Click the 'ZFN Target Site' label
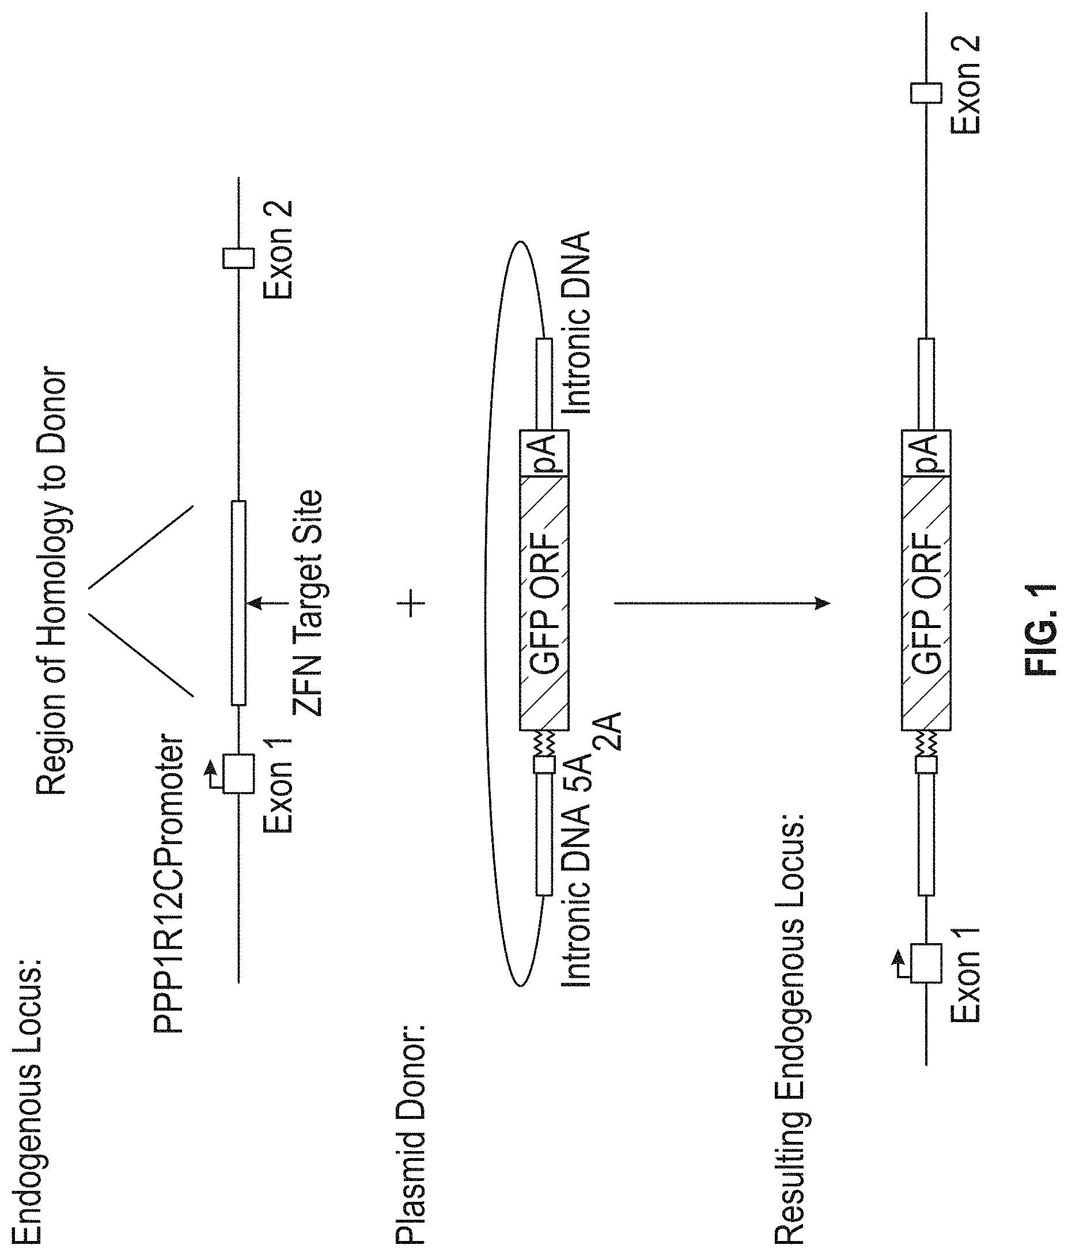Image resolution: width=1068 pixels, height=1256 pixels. [308, 603]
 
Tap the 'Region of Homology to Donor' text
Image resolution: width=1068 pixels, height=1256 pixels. [51, 581]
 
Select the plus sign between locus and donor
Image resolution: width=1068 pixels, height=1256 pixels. [412, 603]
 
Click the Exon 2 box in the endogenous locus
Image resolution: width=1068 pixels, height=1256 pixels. [238, 258]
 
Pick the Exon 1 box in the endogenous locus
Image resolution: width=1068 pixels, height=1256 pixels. [238, 773]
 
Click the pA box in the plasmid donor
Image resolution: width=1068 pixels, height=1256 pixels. [544, 453]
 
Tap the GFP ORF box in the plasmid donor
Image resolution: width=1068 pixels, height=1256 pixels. [544, 603]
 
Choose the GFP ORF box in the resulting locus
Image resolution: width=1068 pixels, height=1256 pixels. [926, 603]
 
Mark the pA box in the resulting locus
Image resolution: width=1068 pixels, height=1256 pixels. [926, 453]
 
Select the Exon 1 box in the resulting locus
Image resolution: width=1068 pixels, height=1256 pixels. [926, 963]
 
